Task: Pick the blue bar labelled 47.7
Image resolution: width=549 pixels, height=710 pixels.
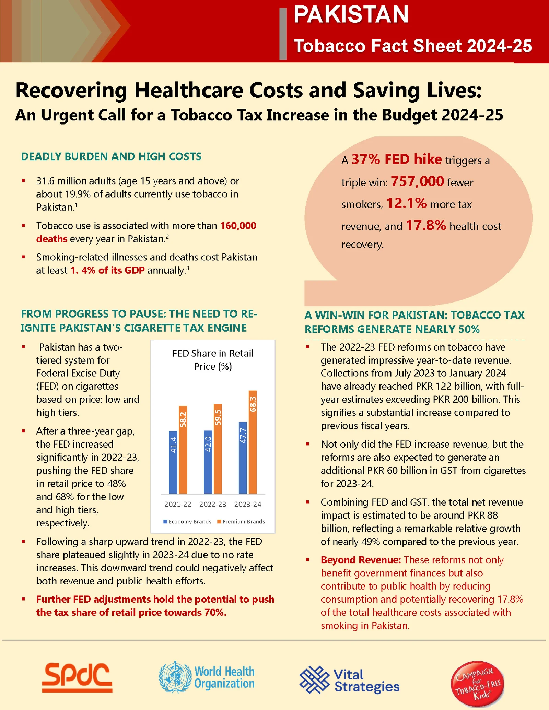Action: [x=243, y=458]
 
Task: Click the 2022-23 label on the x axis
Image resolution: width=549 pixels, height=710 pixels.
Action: [x=213, y=504]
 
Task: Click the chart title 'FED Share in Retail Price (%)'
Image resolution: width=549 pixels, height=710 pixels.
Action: [x=213, y=359]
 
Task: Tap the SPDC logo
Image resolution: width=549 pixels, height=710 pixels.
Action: [x=78, y=677]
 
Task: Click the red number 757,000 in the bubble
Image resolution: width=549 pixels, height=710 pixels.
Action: [x=417, y=181]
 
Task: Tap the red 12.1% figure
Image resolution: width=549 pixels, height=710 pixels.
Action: [x=406, y=203]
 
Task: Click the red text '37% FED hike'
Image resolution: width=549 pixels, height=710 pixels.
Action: [x=396, y=159]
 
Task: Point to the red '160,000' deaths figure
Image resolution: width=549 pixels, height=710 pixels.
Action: [x=238, y=226]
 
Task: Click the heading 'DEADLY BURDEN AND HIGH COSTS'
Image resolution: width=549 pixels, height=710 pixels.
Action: [x=112, y=156]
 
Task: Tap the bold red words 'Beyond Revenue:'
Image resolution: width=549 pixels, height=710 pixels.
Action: [x=361, y=560]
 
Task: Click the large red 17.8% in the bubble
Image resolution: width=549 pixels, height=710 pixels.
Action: [x=426, y=225]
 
